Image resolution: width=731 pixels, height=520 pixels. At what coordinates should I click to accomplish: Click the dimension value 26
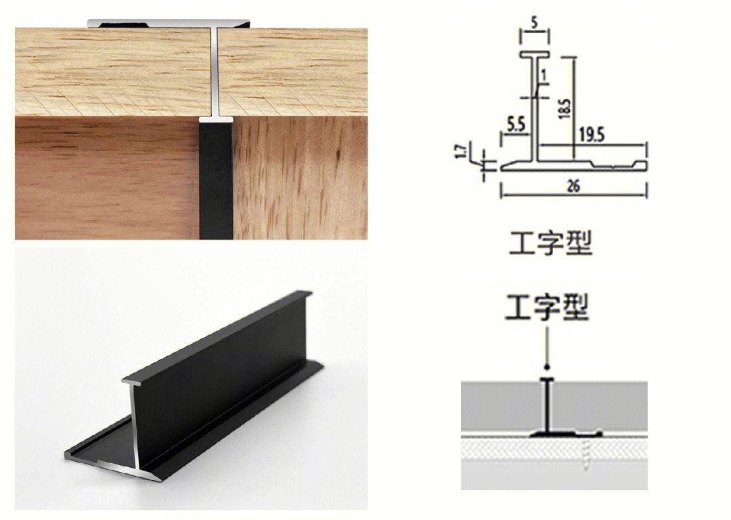tap(573, 186)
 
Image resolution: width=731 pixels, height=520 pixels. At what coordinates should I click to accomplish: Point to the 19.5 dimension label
tap(592, 135)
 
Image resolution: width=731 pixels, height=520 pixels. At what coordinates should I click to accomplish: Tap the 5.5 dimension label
tap(516, 125)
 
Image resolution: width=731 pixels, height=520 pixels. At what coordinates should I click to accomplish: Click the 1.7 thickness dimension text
tap(461, 152)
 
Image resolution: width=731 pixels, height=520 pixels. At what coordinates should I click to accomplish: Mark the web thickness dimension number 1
tap(544, 74)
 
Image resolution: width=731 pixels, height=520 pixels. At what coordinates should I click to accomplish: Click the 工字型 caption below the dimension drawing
tap(550, 243)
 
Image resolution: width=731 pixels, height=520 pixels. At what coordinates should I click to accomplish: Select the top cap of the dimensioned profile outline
tap(535, 55)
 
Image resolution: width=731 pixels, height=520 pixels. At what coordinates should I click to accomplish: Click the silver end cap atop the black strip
tap(216, 119)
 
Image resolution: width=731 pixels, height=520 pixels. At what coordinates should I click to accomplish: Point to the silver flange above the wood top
tap(169, 23)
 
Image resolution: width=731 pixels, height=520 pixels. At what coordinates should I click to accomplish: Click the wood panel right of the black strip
tap(300, 178)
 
